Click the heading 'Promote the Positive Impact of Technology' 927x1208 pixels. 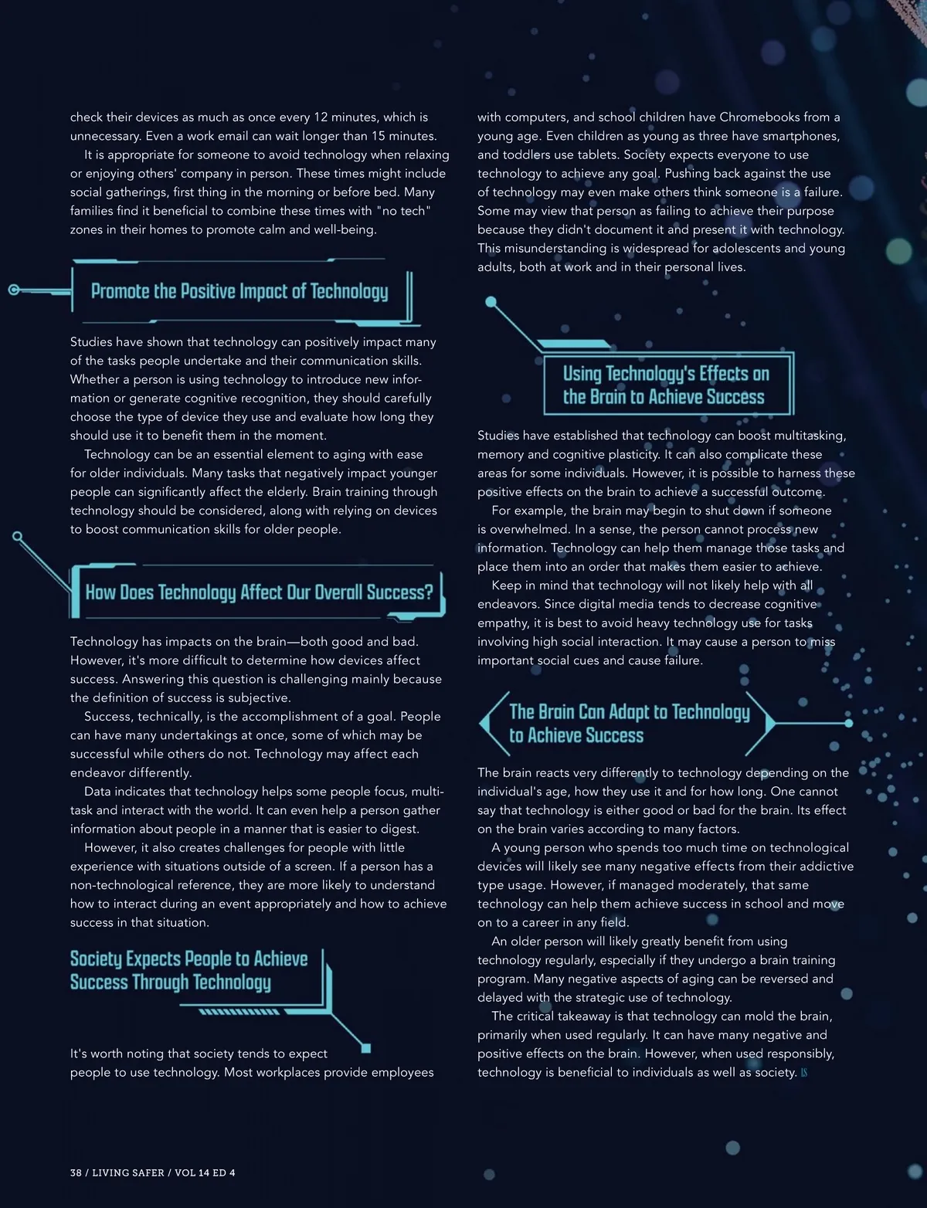[x=239, y=291]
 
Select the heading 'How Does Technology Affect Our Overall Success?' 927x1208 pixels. [x=259, y=592]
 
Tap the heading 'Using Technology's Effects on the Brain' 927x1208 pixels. [x=666, y=385]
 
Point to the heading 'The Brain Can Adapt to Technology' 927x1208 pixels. [x=629, y=723]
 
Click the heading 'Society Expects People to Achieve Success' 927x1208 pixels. [x=188, y=970]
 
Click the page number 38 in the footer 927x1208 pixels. [x=76, y=1172]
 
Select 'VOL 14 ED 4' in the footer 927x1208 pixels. [x=205, y=1172]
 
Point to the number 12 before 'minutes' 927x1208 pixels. [x=321, y=117]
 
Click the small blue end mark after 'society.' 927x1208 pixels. [x=804, y=1073]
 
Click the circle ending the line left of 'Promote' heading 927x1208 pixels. [x=13, y=290]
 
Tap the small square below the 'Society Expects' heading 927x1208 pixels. [x=366, y=1048]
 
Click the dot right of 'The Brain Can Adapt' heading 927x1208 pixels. [x=848, y=724]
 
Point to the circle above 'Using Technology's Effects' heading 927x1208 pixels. [x=491, y=302]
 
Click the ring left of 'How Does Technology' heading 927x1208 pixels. [x=18, y=536]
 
